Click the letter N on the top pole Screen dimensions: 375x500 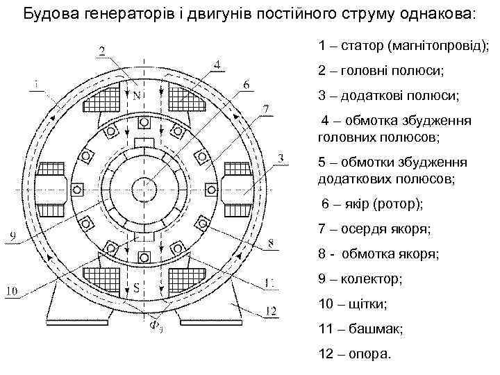[x=137, y=94]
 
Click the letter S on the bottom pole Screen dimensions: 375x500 [x=138, y=285]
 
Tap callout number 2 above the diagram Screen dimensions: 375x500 [x=101, y=49]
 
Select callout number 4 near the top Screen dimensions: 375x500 [x=217, y=65]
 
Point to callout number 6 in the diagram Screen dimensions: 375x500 [x=247, y=84]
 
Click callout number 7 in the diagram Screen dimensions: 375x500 [x=265, y=108]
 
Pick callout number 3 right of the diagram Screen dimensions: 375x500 [x=280, y=159]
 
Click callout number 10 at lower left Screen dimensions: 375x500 [x=12, y=292]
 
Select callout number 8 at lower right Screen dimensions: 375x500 [x=270, y=243]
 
